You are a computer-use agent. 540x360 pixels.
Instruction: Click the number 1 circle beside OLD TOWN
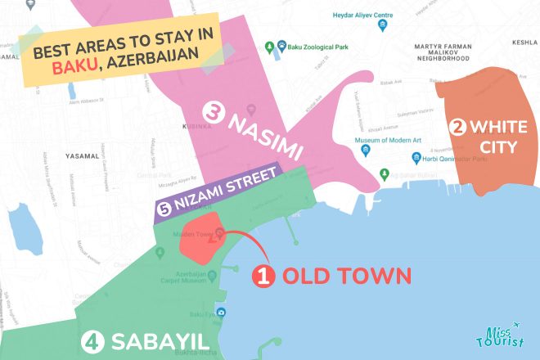(263, 277)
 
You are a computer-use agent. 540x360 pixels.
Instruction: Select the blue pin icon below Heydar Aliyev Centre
(382, 26)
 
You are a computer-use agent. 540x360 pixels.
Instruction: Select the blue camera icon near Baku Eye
(222, 313)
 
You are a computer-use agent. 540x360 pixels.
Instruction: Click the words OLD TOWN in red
(346, 277)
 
